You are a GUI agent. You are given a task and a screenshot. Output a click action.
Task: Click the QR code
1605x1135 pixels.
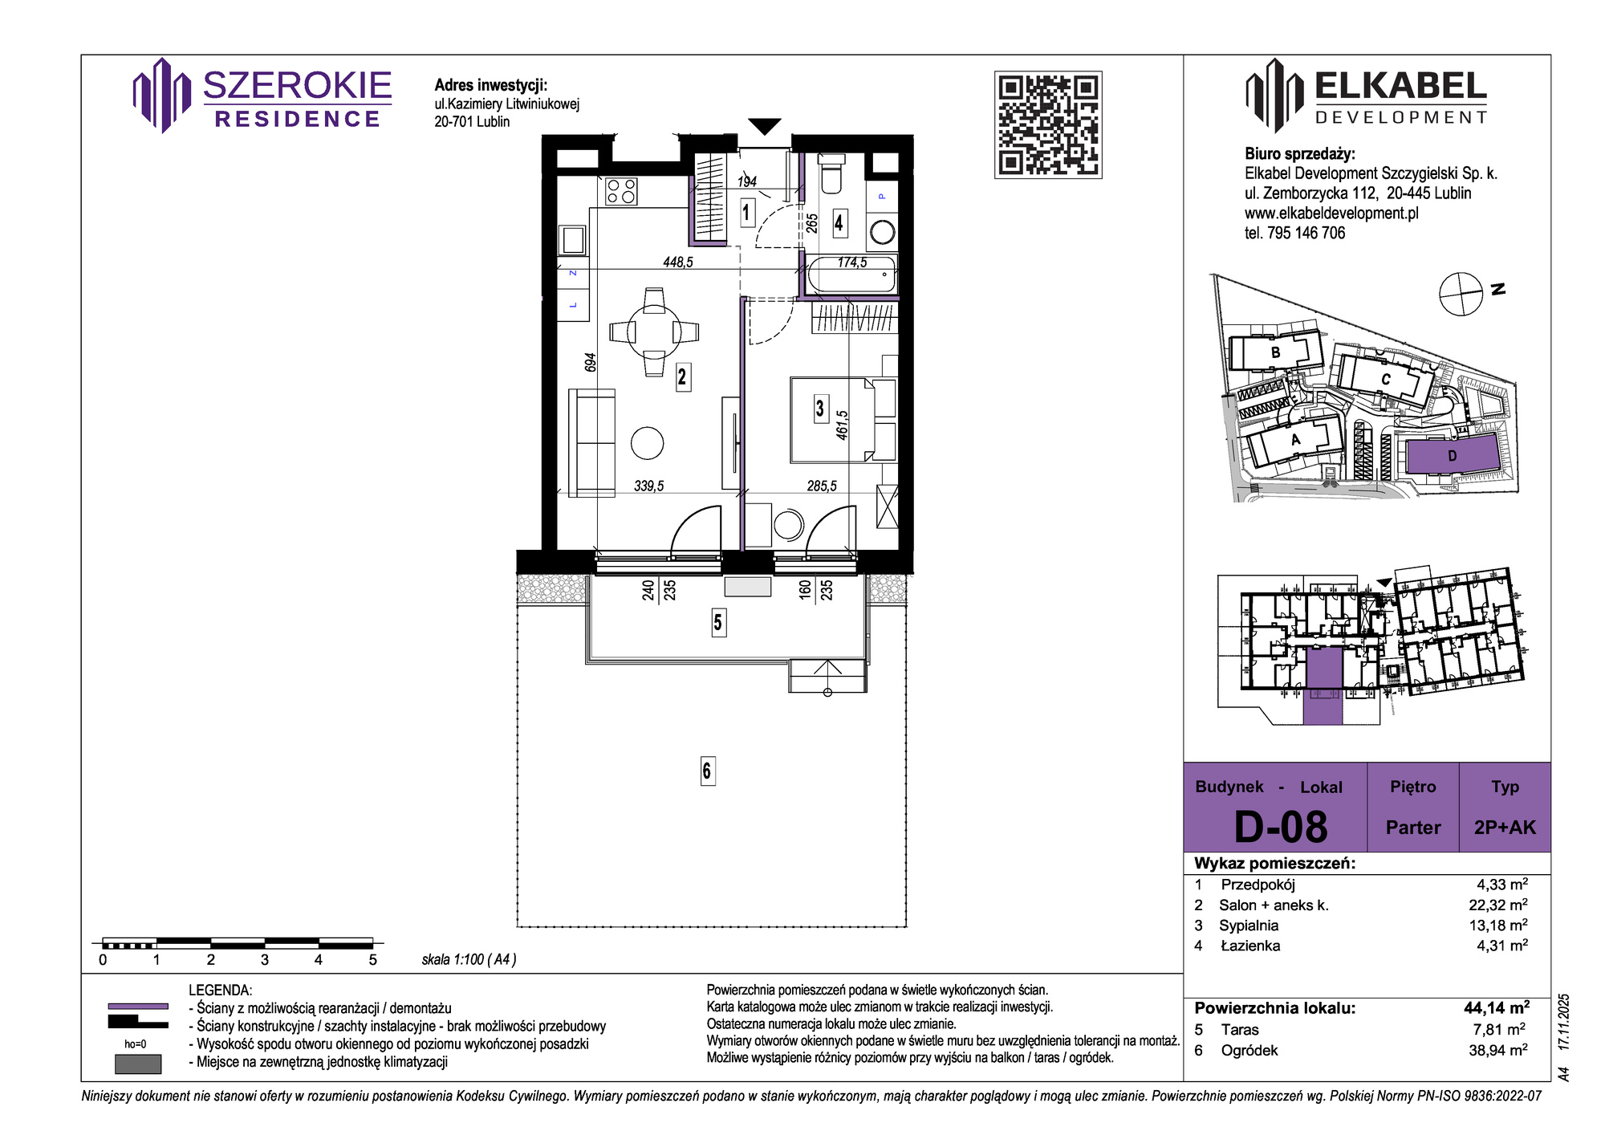[x=1048, y=124]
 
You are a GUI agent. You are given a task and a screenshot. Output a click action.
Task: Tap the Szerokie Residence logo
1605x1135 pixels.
[x=262, y=96]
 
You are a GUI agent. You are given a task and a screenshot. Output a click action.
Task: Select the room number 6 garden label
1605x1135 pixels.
[x=707, y=771]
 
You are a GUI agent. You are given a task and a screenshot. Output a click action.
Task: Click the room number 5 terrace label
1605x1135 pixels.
[x=718, y=622]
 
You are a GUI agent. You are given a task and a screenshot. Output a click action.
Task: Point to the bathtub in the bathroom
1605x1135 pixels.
[x=851, y=275]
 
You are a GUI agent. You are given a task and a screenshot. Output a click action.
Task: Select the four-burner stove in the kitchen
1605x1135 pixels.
[x=621, y=191]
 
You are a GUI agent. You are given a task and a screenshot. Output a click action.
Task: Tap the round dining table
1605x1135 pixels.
[x=654, y=332]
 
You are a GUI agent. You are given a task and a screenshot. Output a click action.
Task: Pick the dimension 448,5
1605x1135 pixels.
[x=678, y=262]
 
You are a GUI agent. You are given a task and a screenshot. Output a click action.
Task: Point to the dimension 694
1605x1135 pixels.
[x=591, y=362]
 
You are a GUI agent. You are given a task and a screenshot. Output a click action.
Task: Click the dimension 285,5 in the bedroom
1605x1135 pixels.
[x=822, y=486]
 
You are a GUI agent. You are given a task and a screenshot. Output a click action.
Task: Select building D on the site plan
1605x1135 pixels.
[x=1452, y=457]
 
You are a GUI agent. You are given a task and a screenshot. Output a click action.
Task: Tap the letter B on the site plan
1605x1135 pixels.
[x=1276, y=352]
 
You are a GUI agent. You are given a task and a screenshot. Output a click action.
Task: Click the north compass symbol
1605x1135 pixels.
[x=1461, y=294]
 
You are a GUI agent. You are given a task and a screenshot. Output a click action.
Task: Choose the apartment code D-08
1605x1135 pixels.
[x=1281, y=826]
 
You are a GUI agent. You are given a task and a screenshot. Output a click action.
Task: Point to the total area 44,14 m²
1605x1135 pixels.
[x=1497, y=1007]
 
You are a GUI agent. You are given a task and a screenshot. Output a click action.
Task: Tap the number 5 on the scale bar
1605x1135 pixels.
[x=372, y=960]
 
